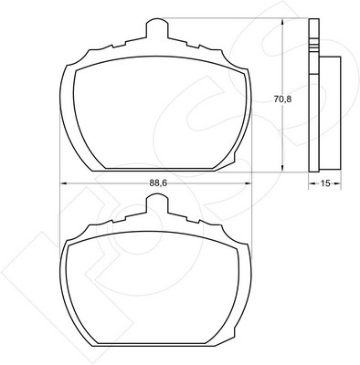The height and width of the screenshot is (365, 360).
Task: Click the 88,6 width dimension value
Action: pyautogui.click(x=159, y=183)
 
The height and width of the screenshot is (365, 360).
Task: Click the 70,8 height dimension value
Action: pyautogui.click(x=282, y=99)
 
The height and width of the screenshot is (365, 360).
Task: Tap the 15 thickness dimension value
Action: pyautogui.click(x=325, y=183)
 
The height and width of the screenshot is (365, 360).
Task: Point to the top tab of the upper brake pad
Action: pyautogui.click(x=157, y=28)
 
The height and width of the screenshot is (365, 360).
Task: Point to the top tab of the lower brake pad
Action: pyautogui.click(x=157, y=204)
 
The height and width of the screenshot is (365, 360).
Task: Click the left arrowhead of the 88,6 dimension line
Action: pyautogui.click(x=64, y=183)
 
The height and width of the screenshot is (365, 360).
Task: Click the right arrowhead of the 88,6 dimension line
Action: pyautogui.click(x=249, y=183)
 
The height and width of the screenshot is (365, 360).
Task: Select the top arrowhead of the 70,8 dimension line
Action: pyautogui.click(x=283, y=22)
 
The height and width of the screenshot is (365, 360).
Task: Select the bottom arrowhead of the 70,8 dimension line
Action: pyautogui.click(x=283, y=168)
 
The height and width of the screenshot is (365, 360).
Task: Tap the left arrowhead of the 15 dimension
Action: pyautogui.click(x=312, y=183)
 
